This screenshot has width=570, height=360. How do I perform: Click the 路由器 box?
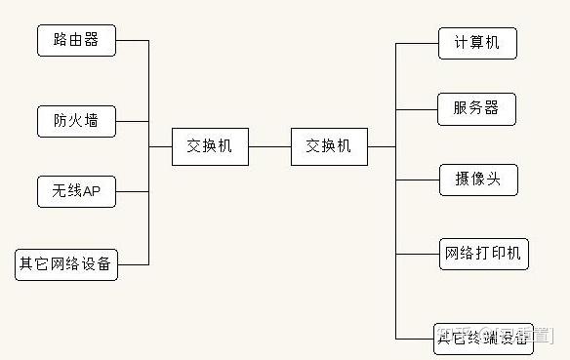tap(76, 41)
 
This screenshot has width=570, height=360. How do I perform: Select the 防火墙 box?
tap(76, 122)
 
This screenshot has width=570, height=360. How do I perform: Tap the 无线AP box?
tap(76, 192)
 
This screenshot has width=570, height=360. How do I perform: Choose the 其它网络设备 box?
tap(66, 264)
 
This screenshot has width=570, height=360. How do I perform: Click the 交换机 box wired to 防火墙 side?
tap(210, 146)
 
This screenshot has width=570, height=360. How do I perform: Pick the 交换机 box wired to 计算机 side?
tap(329, 146)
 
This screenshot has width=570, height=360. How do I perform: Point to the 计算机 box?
tap(477, 43)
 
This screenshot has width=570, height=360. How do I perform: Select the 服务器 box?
tap(477, 108)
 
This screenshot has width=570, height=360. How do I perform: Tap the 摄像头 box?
tap(477, 180)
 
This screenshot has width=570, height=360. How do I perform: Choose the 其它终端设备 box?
tap(484, 338)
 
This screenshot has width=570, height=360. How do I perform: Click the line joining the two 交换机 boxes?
tap(269, 147)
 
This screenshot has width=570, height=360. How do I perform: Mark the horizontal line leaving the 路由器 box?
tap(132, 41)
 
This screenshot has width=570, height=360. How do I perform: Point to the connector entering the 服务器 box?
tap(418, 108)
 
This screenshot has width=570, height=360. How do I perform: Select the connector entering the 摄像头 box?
tap(418, 180)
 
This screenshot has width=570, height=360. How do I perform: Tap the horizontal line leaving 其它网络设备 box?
tap(134, 264)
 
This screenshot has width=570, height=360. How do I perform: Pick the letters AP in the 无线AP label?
tap(92, 192)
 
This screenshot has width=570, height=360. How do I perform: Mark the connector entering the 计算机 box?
tap(418, 43)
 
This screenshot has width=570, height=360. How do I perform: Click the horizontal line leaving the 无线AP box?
tap(132, 192)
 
